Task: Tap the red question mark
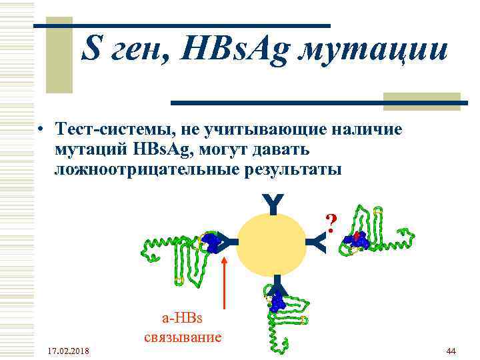(330, 221)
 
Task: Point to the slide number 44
(450, 351)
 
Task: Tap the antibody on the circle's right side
(319, 244)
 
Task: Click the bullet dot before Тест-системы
(41, 129)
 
